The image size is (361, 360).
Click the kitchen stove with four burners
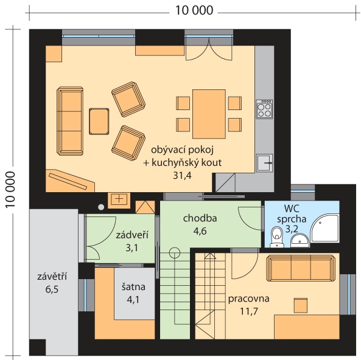point(264,109)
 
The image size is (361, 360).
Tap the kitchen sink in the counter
point(265,163)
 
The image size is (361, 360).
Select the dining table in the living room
point(209,114)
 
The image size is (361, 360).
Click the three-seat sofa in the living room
point(70,121)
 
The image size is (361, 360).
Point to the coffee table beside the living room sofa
point(99,121)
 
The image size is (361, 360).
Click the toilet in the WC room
point(276,237)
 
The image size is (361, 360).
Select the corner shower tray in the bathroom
point(325,227)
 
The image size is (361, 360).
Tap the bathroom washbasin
point(300,241)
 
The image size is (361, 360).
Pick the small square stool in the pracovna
point(301,305)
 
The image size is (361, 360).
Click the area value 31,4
point(182,176)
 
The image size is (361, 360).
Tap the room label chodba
point(200,218)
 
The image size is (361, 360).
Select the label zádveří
point(131,235)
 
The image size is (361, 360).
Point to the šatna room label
point(133,287)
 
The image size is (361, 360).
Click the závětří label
point(52,276)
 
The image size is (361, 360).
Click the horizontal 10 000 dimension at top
point(194,10)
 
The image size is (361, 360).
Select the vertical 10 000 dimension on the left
point(10,190)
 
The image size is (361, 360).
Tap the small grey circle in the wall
point(101,207)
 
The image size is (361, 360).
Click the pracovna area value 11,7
point(249,311)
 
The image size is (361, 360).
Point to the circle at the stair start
point(175,253)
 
